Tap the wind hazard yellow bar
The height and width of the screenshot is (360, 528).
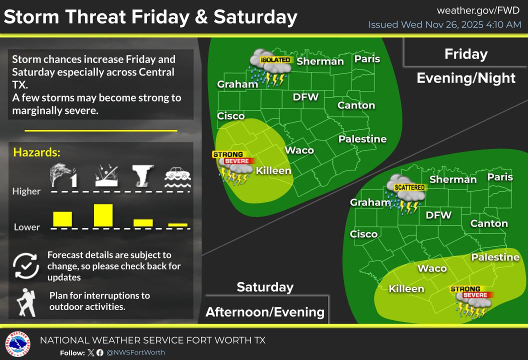(x=62, y=219)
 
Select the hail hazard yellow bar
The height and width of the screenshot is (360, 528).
(x=103, y=215)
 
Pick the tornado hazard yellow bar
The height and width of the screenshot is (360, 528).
(x=143, y=222)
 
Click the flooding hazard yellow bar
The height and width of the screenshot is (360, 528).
(x=177, y=225)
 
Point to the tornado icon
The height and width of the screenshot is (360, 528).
(x=142, y=176)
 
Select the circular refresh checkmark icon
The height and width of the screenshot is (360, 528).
(x=25, y=265)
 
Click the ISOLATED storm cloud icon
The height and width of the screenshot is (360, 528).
(x=268, y=68)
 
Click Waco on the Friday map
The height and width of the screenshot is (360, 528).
(x=299, y=150)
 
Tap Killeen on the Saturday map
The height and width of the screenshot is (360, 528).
(x=406, y=288)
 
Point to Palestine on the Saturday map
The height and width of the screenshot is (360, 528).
(x=495, y=257)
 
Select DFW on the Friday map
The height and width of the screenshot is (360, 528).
(x=305, y=97)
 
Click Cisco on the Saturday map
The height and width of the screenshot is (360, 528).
(x=363, y=234)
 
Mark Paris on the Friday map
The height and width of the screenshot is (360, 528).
(x=367, y=59)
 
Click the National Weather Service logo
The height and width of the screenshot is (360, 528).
(x=17, y=344)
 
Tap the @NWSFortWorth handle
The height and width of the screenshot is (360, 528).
(x=135, y=352)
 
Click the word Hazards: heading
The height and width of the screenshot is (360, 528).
(x=36, y=152)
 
